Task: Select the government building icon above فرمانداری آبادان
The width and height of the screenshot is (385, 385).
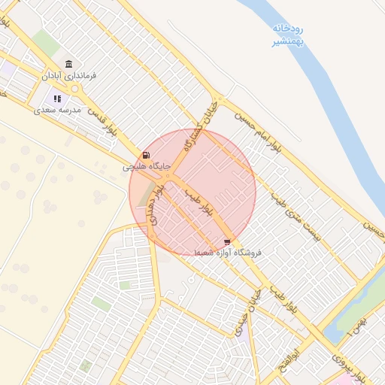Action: (69, 64)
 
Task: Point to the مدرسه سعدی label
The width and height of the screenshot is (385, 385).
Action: (56, 110)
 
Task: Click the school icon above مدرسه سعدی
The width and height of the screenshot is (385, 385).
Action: (56, 99)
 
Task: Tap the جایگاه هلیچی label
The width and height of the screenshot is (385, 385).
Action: (147, 165)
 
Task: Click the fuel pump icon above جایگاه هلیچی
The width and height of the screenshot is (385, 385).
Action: (145, 155)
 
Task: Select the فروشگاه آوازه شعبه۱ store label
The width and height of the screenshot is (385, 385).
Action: (227, 253)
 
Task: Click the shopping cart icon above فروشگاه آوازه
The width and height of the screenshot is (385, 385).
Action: (227, 242)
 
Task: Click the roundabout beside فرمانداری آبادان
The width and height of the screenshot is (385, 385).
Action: (75, 89)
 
